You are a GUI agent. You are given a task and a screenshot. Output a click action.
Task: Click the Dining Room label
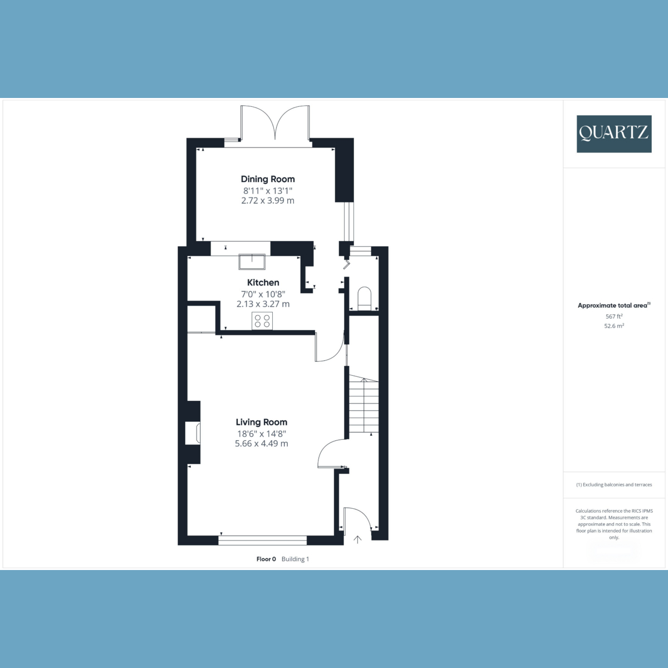click(268, 179)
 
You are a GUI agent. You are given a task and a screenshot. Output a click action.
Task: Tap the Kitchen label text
click(263, 283)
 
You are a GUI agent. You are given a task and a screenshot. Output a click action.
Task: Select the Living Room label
click(261, 423)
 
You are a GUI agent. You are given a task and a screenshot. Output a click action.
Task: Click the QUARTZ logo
click(614, 134)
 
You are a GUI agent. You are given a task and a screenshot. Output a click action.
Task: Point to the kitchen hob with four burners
click(262, 321)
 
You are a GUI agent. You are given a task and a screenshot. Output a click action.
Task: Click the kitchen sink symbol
click(252, 261)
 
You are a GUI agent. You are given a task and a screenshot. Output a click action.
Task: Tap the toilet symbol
click(364, 298)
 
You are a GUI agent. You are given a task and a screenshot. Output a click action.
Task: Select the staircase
click(364, 404)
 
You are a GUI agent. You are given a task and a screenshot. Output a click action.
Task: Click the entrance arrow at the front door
click(357, 539)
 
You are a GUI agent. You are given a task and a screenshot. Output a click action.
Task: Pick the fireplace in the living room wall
click(193, 433)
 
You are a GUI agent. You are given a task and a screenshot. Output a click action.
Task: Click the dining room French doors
click(275, 125)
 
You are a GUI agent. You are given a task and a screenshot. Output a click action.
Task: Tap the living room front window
click(263, 539)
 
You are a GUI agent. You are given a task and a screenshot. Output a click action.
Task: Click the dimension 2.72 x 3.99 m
click(268, 200)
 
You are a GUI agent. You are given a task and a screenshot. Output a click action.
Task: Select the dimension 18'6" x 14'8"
click(261, 434)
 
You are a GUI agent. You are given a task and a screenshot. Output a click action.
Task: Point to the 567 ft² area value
click(614, 316)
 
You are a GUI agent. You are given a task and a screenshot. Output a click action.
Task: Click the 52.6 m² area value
click(614, 326)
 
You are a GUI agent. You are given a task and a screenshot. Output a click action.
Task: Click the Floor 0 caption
click(266, 559)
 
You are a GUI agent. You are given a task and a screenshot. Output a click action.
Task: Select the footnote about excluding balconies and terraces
click(614, 485)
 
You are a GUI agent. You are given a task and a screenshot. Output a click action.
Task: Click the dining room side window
click(349, 221)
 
